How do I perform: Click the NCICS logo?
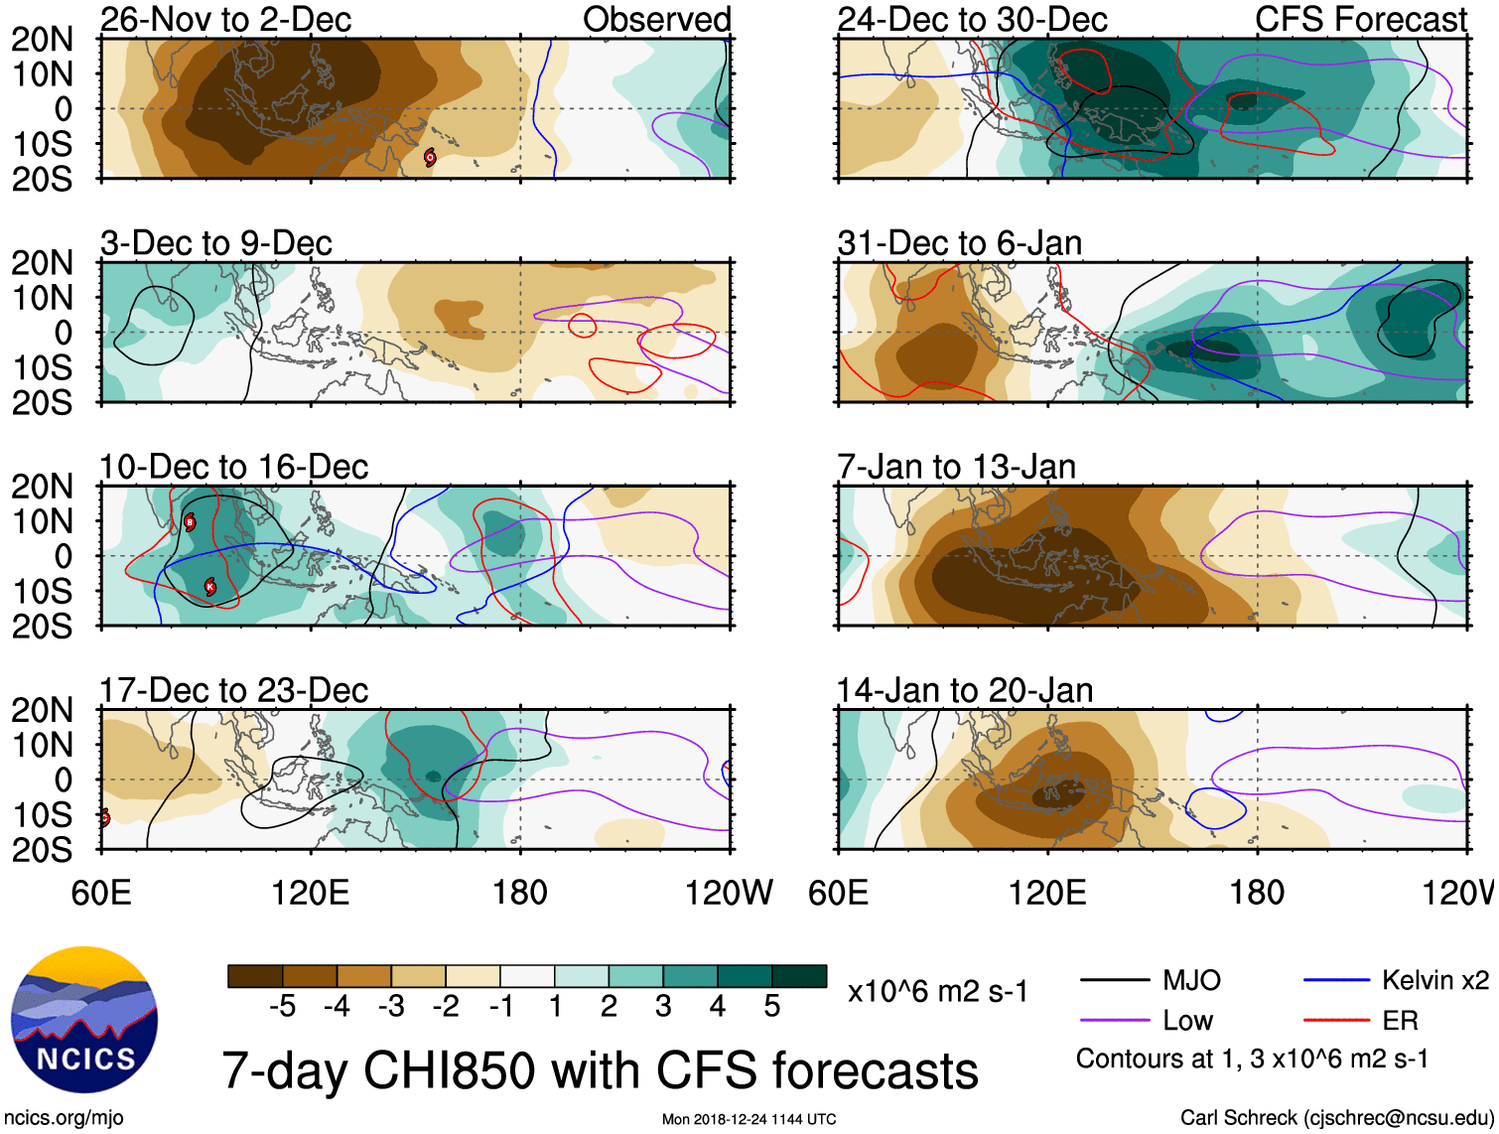(x=84, y=1021)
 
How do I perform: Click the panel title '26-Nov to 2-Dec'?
(x=225, y=19)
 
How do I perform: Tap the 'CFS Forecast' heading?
(x=1360, y=19)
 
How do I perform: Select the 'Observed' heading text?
(x=656, y=19)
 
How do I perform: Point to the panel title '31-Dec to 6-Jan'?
(x=959, y=243)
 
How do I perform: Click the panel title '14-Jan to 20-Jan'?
(x=964, y=690)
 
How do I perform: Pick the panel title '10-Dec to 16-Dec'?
(x=233, y=467)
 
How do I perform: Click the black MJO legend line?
(x=1115, y=981)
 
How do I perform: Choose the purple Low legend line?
(x=1115, y=1020)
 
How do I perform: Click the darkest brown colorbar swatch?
(x=255, y=976)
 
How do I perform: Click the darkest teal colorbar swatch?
(x=799, y=976)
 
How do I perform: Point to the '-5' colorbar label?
(x=282, y=1007)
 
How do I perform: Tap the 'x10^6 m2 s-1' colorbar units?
(x=937, y=991)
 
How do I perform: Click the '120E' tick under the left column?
(x=310, y=893)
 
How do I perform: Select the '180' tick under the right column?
(x=1257, y=893)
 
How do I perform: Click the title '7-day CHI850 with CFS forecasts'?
(x=600, y=1070)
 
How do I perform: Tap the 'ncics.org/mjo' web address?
(x=64, y=1118)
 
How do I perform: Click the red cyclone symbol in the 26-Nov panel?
(x=430, y=157)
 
